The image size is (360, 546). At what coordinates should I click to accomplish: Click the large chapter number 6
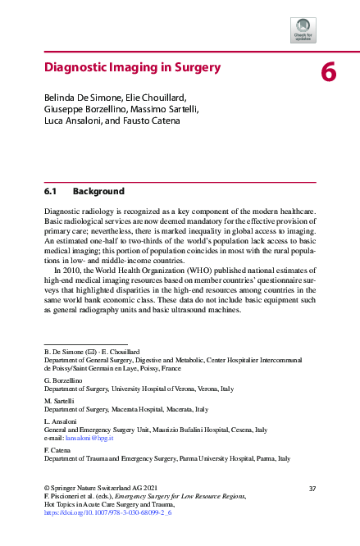[328, 73]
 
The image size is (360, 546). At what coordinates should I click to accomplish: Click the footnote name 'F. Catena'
[58, 450]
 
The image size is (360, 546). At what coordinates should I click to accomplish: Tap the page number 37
[311, 488]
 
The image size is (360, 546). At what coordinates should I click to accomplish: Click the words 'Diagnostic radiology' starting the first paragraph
[82, 212]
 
